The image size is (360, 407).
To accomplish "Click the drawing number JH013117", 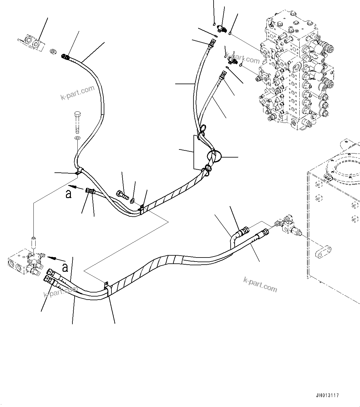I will pyautogui.click(x=327, y=395).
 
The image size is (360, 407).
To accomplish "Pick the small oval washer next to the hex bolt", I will pyautogui.click(x=132, y=201).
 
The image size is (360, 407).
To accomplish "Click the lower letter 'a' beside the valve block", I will pyautogui.click(x=65, y=267).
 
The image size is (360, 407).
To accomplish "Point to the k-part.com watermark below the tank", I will pyautogui.click(x=260, y=284).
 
